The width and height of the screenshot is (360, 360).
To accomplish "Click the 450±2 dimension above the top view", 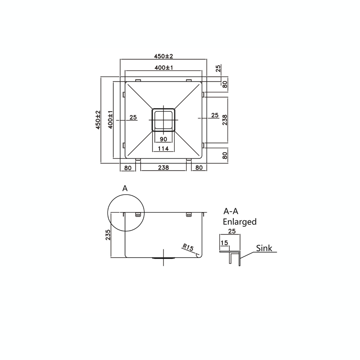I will tap(163, 56).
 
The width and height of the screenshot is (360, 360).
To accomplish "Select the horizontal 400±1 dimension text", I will tap(164, 68).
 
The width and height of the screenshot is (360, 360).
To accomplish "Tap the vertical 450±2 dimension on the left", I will tap(98, 120).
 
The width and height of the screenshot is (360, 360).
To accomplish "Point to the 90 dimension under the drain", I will tap(163, 139).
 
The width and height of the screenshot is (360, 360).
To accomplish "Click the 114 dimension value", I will tap(163, 149).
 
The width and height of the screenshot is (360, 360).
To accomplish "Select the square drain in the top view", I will tap(163, 120).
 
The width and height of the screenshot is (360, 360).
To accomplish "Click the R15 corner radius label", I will tap(188, 248).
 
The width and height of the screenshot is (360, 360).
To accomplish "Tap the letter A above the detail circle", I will tap(125, 189).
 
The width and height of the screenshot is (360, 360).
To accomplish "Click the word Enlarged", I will tap(240, 222).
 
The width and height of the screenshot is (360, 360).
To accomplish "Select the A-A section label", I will tap(231, 211).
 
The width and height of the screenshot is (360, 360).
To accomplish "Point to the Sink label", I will tap(264, 248).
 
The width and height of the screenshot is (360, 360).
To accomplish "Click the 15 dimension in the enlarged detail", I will tap(224, 243).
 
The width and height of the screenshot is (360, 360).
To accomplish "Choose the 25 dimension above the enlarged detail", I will tap(232, 231).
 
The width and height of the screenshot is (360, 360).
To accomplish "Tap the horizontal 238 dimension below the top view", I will tap(163, 168).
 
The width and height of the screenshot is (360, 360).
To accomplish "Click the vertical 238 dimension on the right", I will tap(225, 120).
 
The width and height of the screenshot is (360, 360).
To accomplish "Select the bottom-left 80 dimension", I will tap(128, 168).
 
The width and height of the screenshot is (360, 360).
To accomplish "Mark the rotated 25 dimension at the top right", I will tap(218, 69).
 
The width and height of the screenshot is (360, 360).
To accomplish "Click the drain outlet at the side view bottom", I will tap(163, 258).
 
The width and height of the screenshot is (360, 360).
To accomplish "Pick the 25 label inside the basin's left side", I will tap(133, 117).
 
